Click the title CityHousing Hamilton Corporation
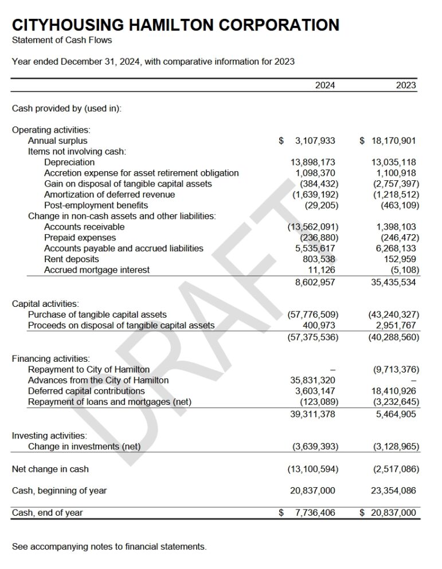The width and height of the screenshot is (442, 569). (x=175, y=25)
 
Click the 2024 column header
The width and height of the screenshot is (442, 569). (x=325, y=85)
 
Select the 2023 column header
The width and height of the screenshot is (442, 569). (x=406, y=85)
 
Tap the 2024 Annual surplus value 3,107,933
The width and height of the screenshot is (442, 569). (x=315, y=141)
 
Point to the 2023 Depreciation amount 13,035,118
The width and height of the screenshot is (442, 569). (x=394, y=163)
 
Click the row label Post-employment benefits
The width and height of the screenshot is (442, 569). (x=96, y=206)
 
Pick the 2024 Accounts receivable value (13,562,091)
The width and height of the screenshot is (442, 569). (x=312, y=227)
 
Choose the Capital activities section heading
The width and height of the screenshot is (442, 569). (x=46, y=304)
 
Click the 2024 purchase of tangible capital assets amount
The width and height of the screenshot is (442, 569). (x=312, y=315)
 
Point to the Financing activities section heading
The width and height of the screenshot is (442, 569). (x=51, y=359)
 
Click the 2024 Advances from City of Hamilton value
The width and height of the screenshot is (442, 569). (x=314, y=381)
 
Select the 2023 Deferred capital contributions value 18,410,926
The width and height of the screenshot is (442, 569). (x=394, y=392)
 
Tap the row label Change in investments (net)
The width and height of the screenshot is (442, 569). (x=84, y=446)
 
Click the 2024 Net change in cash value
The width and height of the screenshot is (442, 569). (x=312, y=469)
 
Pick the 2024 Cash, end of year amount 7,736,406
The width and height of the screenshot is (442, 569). (x=315, y=513)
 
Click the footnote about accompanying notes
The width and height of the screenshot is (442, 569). (x=109, y=547)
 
